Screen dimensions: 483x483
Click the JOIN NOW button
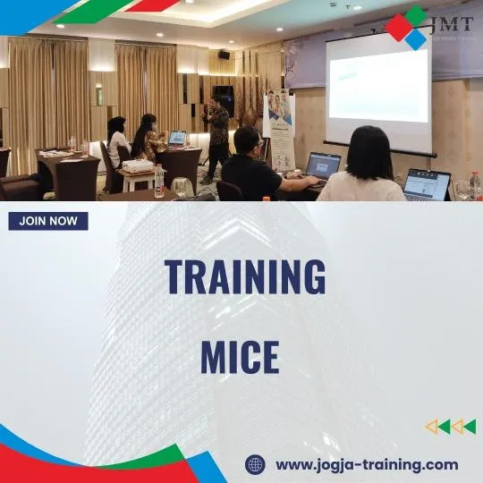click(48, 221)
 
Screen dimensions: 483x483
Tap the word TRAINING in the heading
click(244, 277)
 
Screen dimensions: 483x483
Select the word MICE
click(240, 357)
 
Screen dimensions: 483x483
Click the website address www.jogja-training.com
click(367, 464)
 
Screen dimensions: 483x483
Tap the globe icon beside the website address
click(255, 464)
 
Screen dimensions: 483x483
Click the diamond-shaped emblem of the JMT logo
click(406, 27)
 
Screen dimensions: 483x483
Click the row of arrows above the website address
click(450, 427)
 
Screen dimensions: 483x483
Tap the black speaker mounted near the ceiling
click(223, 55)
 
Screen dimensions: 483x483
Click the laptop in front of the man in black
click(323, 165)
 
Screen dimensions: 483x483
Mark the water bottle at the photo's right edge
click(474, 186)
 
